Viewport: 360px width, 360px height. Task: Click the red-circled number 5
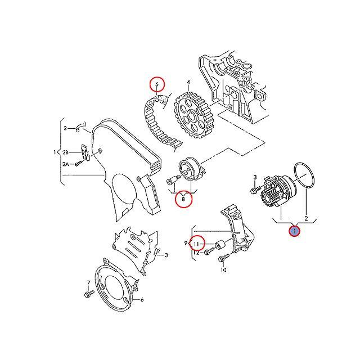point(157,85)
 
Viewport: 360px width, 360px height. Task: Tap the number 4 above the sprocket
point(188,83)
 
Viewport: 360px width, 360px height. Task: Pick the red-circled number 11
point(196,244)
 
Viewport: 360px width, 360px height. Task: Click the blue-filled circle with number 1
point(294,229)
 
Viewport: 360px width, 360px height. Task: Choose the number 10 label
point(223,271)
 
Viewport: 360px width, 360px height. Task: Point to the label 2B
point(65,152)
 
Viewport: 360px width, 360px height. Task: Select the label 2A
point(65,164)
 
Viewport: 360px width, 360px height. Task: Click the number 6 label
point(142,300)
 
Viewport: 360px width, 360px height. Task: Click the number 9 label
point(185,243)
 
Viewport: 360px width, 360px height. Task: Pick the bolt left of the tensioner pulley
point(171,181)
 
